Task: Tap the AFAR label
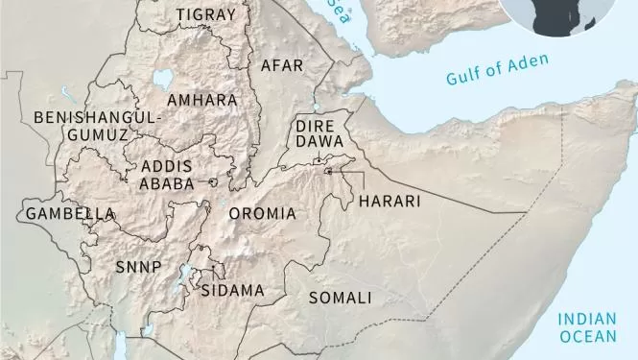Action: pyautogui.click(x=282, y=66)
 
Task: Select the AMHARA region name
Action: pyautogui.click(x=201, y=100)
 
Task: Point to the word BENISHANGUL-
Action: pyautogui.click(x=99, y=117)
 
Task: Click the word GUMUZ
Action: pyautogui.click(x=98, y=135)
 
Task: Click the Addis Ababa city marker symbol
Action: pyautogui.click(x=213, y=181)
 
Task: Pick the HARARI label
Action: pyautogui.click(x=389, y=202)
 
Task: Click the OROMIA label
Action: pyautogui.click(x=262, y=213)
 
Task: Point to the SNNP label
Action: pyautogui.click(x=138, y=266)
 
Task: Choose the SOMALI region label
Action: pyautogui.click(x=340, y=298)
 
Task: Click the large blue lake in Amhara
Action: pyautogui.click(x=164, y=79)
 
